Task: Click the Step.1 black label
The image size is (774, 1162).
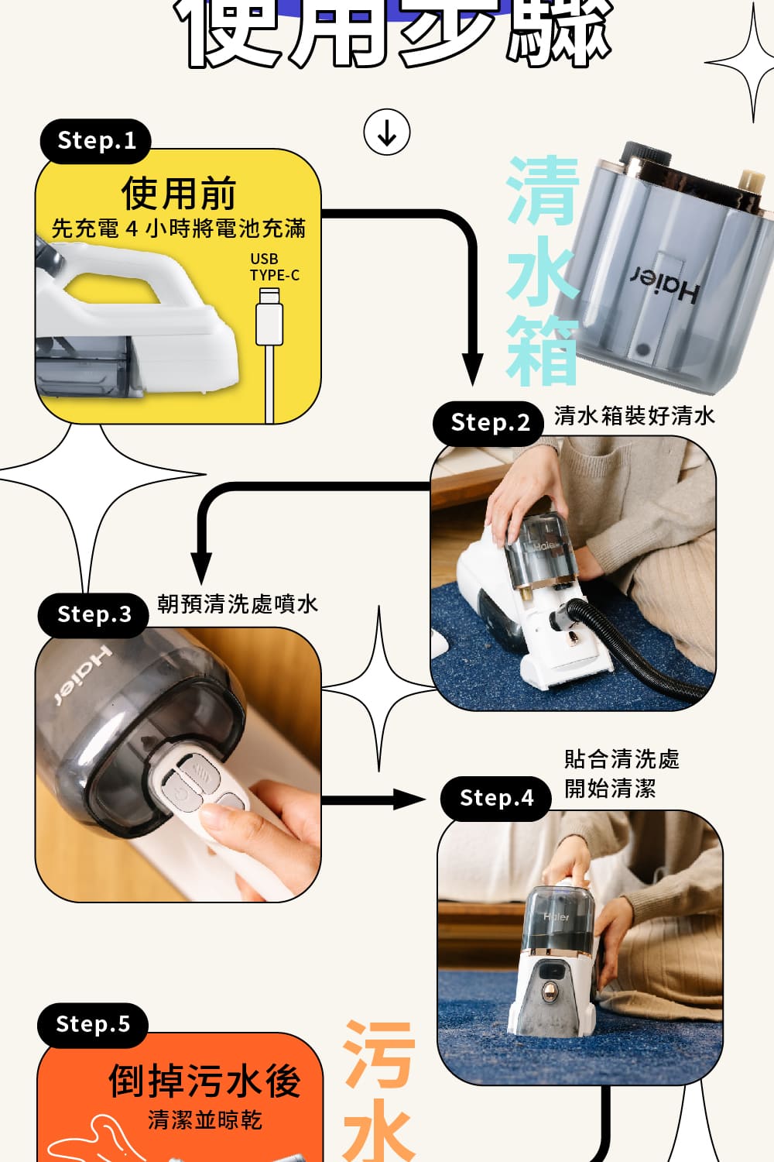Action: coord(95,141)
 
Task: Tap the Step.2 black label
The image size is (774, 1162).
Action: coord(489,423)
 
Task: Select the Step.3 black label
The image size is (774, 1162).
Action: coord(94,615)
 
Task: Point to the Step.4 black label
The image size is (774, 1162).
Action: coord(496,799)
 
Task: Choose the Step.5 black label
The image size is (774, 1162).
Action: coord(92,1025)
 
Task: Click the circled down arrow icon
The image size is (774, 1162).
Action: coord(386,132)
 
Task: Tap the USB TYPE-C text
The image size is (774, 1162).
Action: coord(273,267)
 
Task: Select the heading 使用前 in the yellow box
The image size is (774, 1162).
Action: coord(178,193)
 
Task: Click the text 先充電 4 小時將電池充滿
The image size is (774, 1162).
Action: coord(178,229)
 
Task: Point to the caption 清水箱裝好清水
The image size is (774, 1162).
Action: coord(634,416)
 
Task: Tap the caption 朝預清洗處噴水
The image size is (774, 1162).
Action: coord(237,604)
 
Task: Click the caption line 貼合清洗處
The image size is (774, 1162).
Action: coord(622,759)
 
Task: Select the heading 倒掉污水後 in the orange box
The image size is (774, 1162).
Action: coord(204,1081)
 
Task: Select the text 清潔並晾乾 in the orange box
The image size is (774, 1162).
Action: coord(204,1120)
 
